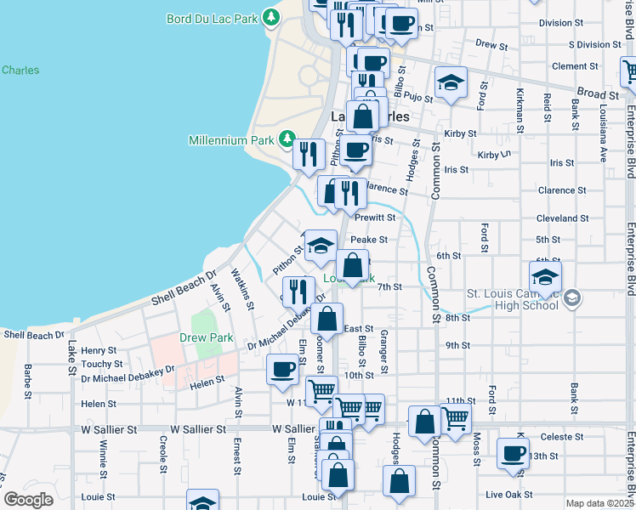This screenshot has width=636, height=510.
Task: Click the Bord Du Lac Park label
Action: (x=213, y=17)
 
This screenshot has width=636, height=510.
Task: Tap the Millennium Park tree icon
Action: (x=287, y=139)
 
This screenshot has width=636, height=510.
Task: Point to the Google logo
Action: (x=28, y=500)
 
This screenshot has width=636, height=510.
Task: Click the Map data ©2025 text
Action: (x=599, y=503)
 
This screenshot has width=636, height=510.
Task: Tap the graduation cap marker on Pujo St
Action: (x=451, y=83)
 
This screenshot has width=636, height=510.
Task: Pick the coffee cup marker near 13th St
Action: (x=513, y=454)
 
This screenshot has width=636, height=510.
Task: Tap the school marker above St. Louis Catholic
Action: (x=545, y=276)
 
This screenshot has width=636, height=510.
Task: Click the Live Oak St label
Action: (x=508, y=494)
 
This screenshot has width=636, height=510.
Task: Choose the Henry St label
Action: (x=99, y=350)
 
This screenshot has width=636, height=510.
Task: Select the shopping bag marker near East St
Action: (x=327, y=320)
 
